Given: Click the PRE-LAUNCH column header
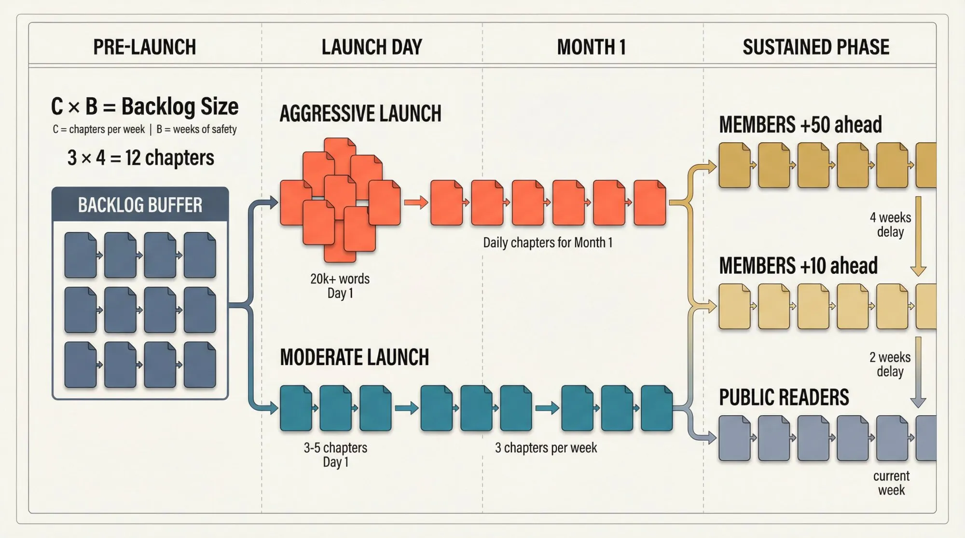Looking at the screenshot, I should pyautogui.click(x=144, y=47).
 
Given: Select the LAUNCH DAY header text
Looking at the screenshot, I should pyautogui.click(x=372, y=47).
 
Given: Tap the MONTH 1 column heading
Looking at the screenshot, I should pyautogui.click(x=592, y=47).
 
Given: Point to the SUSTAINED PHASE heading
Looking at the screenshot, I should pyautogui.click(x=816, y=47).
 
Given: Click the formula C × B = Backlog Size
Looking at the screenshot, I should pyautogui.click(x=145, y=107).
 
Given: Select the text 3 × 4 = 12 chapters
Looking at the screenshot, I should pyautogui.click(x=141, y=158).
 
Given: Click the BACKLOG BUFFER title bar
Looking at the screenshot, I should pyautogui.click(x=140, y=205).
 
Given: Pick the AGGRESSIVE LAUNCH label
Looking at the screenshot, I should pyautogui.click(x=360, y=114).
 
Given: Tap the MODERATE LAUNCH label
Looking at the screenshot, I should pyautogui.click(x=354, y=357).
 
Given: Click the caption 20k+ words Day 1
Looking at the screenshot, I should pyautogui.click(x=340, y=286).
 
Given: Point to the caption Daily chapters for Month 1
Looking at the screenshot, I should pyautogui.click(x=548, y=242).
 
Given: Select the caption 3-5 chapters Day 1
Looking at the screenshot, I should pyautogui.click(x=335, y=455).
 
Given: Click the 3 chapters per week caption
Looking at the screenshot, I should pyautogui.click(x=546, y=448).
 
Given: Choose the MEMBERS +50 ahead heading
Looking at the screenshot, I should pyautogui.click(x=800, y=124).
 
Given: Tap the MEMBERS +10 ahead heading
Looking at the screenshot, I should pyautogui.click(x=798, y=266).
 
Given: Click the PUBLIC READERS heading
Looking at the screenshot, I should pyautogui.click(x=784, y=397).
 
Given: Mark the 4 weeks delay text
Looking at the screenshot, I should pyautogui.click(x=890, y=225).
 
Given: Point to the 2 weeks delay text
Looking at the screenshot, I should pyautogui.click(x=890, y=364).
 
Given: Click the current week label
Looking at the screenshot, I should pyautogui.click(x=891, y=483).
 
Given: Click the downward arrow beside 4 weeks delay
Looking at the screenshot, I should pyautogui.click(x=918, y=236).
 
